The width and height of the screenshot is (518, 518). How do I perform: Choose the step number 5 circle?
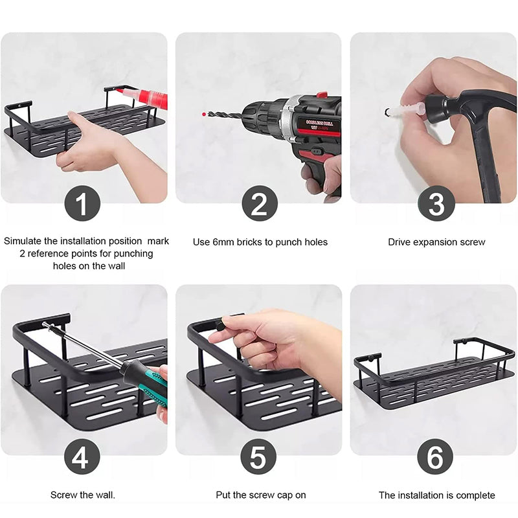pyautogui.click(x=258, y=457)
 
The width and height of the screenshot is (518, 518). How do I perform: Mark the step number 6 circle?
pyautogui.click(x=435, y=457)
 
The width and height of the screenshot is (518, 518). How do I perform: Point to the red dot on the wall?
pyautogui.click(x=204, y=114)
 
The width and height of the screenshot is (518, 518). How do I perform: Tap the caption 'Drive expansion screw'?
pyautogui.click(x=436, y=242)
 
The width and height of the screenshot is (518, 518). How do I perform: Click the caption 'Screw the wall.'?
pyautogui.click(x=83, y=495)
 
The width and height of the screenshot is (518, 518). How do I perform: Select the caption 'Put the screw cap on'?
pyautogui.click(x=261, y=495)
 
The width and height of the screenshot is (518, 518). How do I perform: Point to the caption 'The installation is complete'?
pyautogui.click(x=436, y=495)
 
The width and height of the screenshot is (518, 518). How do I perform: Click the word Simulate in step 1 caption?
pyautogui.click(x=24, y=241)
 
